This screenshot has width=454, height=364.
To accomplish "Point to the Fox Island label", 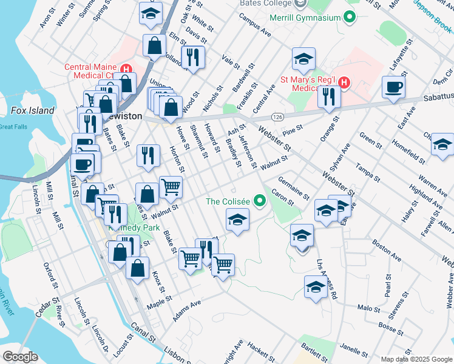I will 32,110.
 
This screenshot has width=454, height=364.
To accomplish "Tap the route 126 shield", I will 278,116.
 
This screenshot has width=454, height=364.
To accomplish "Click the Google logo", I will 20,357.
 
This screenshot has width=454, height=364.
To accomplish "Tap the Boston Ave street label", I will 387,254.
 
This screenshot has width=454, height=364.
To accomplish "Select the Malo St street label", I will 368,308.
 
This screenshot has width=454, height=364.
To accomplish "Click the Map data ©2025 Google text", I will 416,359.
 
